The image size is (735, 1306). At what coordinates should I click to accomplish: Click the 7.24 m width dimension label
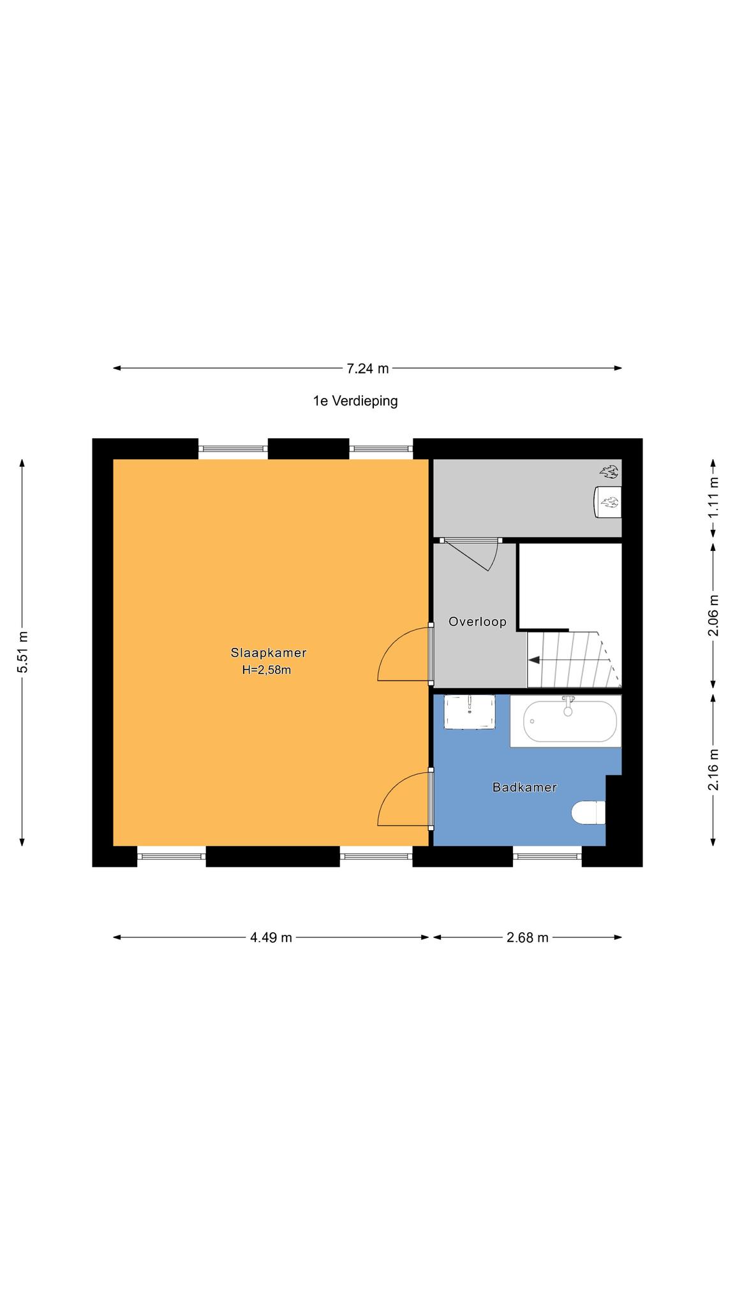(x=367, y=368)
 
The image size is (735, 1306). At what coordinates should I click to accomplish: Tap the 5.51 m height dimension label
(x=23, y=652)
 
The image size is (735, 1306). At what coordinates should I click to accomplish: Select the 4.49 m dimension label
(x=271, y=937)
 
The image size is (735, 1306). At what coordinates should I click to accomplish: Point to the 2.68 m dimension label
(x=528, y=937)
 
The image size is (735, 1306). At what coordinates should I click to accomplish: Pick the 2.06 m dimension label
(x=713, y=615)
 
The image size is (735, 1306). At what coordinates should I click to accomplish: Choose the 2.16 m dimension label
(x=713, y=770)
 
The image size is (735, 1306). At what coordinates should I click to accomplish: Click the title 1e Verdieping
(x=355, y=401)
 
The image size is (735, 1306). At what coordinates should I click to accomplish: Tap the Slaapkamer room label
(x=269, y=653)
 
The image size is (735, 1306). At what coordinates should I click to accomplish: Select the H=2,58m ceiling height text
(x=267, y=670)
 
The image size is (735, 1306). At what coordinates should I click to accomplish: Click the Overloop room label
(x=477, y=622)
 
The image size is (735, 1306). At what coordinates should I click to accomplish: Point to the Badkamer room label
(x=524, y=788)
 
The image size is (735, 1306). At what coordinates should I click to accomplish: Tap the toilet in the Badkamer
(x=588, y=813)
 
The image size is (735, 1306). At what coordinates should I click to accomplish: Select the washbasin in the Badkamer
(x=470, y=712)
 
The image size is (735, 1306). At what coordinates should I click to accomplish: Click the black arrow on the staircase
(x=535, y=660)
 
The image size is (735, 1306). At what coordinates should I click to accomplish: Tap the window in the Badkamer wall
(x=547, y=856)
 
